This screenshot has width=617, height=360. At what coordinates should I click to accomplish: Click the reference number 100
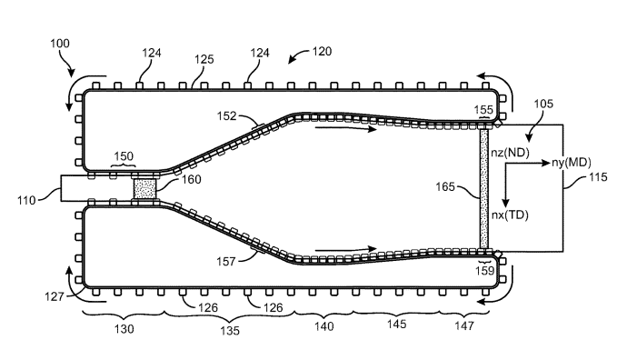tap(60, 43)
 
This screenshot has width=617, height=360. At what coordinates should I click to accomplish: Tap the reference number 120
tap(322, 52)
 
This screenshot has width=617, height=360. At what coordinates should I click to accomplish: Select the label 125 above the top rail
tap(204, 59)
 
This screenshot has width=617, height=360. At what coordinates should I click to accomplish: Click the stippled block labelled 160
tap(145, 189)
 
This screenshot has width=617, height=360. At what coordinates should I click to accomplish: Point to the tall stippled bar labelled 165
tap(483, 189)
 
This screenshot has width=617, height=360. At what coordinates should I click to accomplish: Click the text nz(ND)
tap(511, 153)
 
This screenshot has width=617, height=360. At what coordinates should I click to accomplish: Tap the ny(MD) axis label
tap(571, 163)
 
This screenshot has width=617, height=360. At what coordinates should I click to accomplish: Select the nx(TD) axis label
tap(510, 215)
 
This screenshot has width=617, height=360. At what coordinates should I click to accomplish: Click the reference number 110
tap(26, 201)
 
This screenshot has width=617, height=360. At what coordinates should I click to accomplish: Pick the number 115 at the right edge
tap(598, 177)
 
